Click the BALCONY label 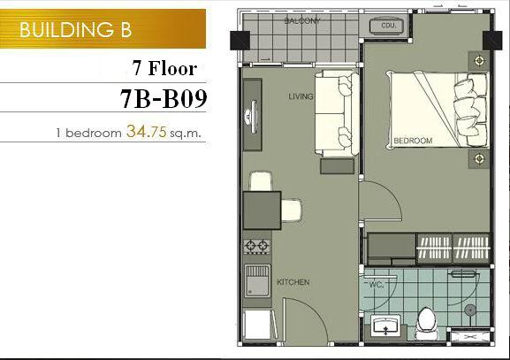[x=302, y=21]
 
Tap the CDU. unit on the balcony [x=387, y=26]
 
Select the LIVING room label [x=301, y=96]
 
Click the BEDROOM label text [x=413, y=141]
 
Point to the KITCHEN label [x=293, y=282]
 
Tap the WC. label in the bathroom [x=377, y=285]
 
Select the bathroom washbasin [x=385, y=326]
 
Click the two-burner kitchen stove [x=257, y=247]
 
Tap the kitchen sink [x=257, y=280]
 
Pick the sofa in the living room [x=337, y=113]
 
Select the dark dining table [x=262, y=211]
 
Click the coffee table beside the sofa [x=338, y=166]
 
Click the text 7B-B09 [x=164, y=98]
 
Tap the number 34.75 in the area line [x=147, y=132]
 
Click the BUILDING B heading [x=75, y=29]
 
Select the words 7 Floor [x=164, y=68]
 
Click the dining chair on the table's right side [x=291, y=211]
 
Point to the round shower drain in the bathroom [x=470, y=310]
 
